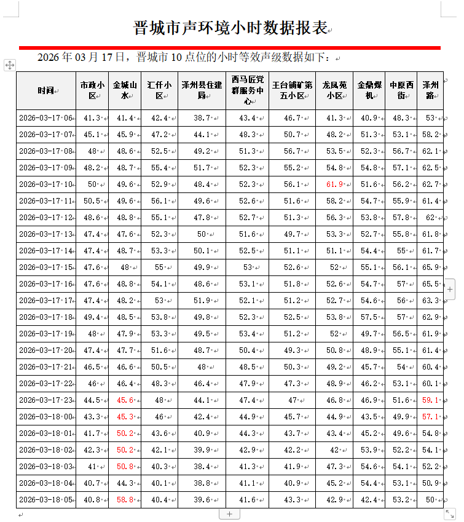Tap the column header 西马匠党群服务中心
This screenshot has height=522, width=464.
[248, 90]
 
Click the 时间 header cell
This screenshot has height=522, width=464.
[45, 90]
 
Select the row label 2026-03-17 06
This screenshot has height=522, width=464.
[45, 118]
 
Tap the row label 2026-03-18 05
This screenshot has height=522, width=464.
[45, 500]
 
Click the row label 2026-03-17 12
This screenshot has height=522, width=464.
[45, 218]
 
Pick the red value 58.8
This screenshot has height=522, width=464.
[124, 500]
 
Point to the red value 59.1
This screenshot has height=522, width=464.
[431, 400]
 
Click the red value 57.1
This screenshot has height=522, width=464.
[431, 417]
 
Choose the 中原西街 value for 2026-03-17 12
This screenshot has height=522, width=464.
[401, 218]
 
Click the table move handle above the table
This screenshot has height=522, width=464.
[9, 65]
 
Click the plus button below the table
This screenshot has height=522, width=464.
[229, 513]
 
